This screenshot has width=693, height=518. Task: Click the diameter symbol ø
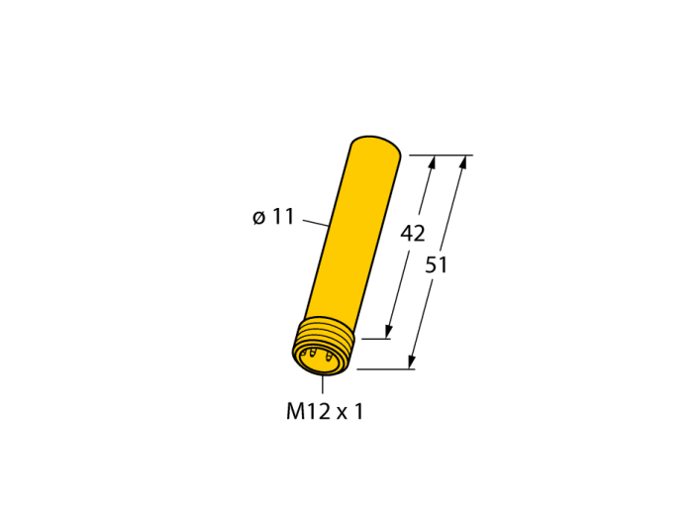tap(259, 218)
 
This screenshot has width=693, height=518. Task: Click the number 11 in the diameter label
tap(282, 217)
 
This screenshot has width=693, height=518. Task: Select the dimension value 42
tap(413, 233)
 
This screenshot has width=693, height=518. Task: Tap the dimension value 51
tap(436, 265)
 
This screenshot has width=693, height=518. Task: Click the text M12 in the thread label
tap(308, 411)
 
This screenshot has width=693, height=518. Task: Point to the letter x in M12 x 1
tap(343, 414)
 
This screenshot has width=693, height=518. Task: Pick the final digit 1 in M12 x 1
tap(358, 411)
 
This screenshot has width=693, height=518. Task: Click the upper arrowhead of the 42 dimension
tap(432, 162)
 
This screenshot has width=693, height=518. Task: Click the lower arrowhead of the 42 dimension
tap(388, 332)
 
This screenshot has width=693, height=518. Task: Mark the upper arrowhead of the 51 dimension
tap(462, 162)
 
